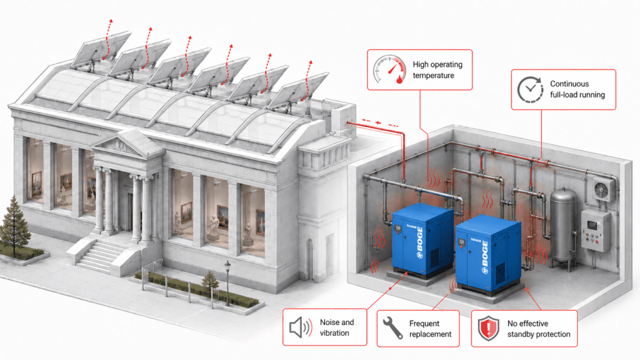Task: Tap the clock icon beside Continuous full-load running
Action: tap(530, 89)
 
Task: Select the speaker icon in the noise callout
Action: tap(301, 327)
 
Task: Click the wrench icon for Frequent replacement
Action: tap(392, 327)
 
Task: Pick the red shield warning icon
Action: tap(489, 328)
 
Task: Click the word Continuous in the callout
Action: tap(569, 84)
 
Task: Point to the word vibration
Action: tap(334, 333)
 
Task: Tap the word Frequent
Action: tap(424, 324)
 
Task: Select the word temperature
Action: tap(433, 76)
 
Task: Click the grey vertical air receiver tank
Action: tap(564, 225)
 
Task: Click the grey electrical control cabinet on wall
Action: tap(595, 231)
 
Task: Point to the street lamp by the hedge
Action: tap(227, 283)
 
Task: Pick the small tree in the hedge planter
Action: tap(210, 280)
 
